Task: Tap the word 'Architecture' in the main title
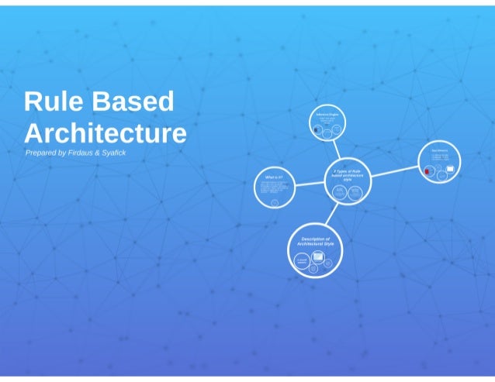[x=105, y=133]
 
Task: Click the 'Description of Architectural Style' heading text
[x=316, y=241]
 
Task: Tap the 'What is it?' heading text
[x=274, y=177]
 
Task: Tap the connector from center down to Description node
[x=332, y=214]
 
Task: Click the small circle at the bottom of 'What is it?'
[x=275, y=202]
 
